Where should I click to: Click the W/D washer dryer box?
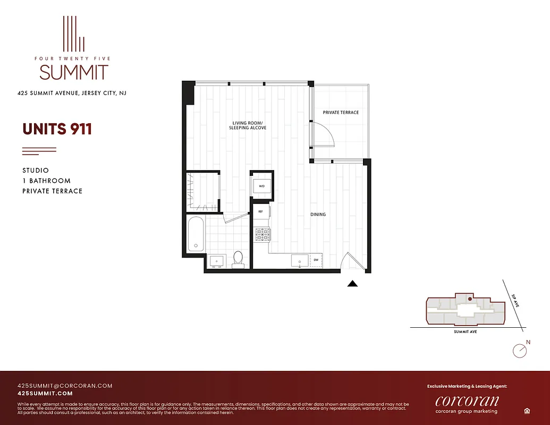point(261,186)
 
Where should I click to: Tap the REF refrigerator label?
point(260,211)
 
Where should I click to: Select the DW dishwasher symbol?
point(316,260)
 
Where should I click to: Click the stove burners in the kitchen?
point(263,234)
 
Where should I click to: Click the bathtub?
point(196,234)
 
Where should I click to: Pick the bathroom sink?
point(217,261)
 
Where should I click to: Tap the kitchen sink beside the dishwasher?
point(298,260)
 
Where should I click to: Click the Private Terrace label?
point(341,113)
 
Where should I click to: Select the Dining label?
point(318,215)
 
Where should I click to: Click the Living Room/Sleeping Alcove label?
point(248,125)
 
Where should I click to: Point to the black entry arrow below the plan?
point(352,284)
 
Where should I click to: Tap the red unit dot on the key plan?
point(470,299)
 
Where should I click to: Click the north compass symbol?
point(519,350)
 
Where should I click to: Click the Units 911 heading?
point(57,129)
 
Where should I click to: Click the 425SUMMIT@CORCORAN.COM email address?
point(65,386)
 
